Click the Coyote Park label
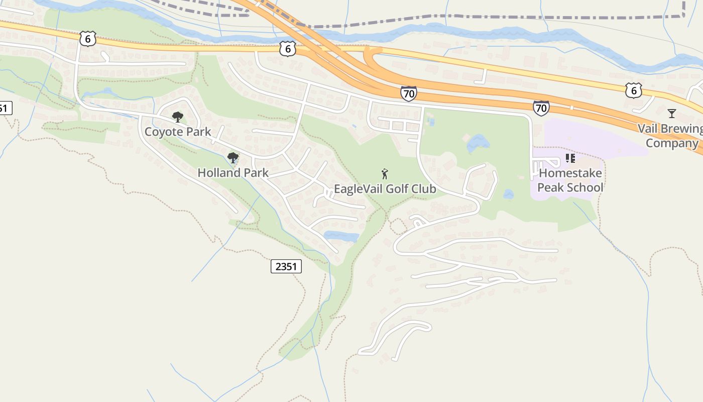pos(177,132)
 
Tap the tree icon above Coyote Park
pos(177,117)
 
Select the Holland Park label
pos(232,172)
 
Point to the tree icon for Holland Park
pos(232,158)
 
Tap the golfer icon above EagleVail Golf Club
pos(385,174)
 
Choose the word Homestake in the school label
pos(570,173)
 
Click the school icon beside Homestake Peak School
pos(570,158)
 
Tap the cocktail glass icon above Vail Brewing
pos(672,113)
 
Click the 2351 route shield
pos(286,266)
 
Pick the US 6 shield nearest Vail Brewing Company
pos(634,90)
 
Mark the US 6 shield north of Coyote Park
pos(87,39)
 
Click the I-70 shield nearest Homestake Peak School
pos(541,107)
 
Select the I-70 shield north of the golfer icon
pos(408,93)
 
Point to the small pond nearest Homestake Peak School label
pos(509,193)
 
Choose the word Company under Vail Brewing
pos(672,143)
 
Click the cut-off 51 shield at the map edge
pos(5,108)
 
